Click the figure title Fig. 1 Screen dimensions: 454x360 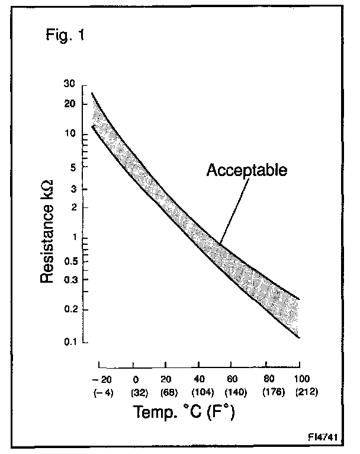pos(65,35)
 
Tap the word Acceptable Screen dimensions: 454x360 pos(246,170)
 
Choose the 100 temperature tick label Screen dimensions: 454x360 pos(301,379)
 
